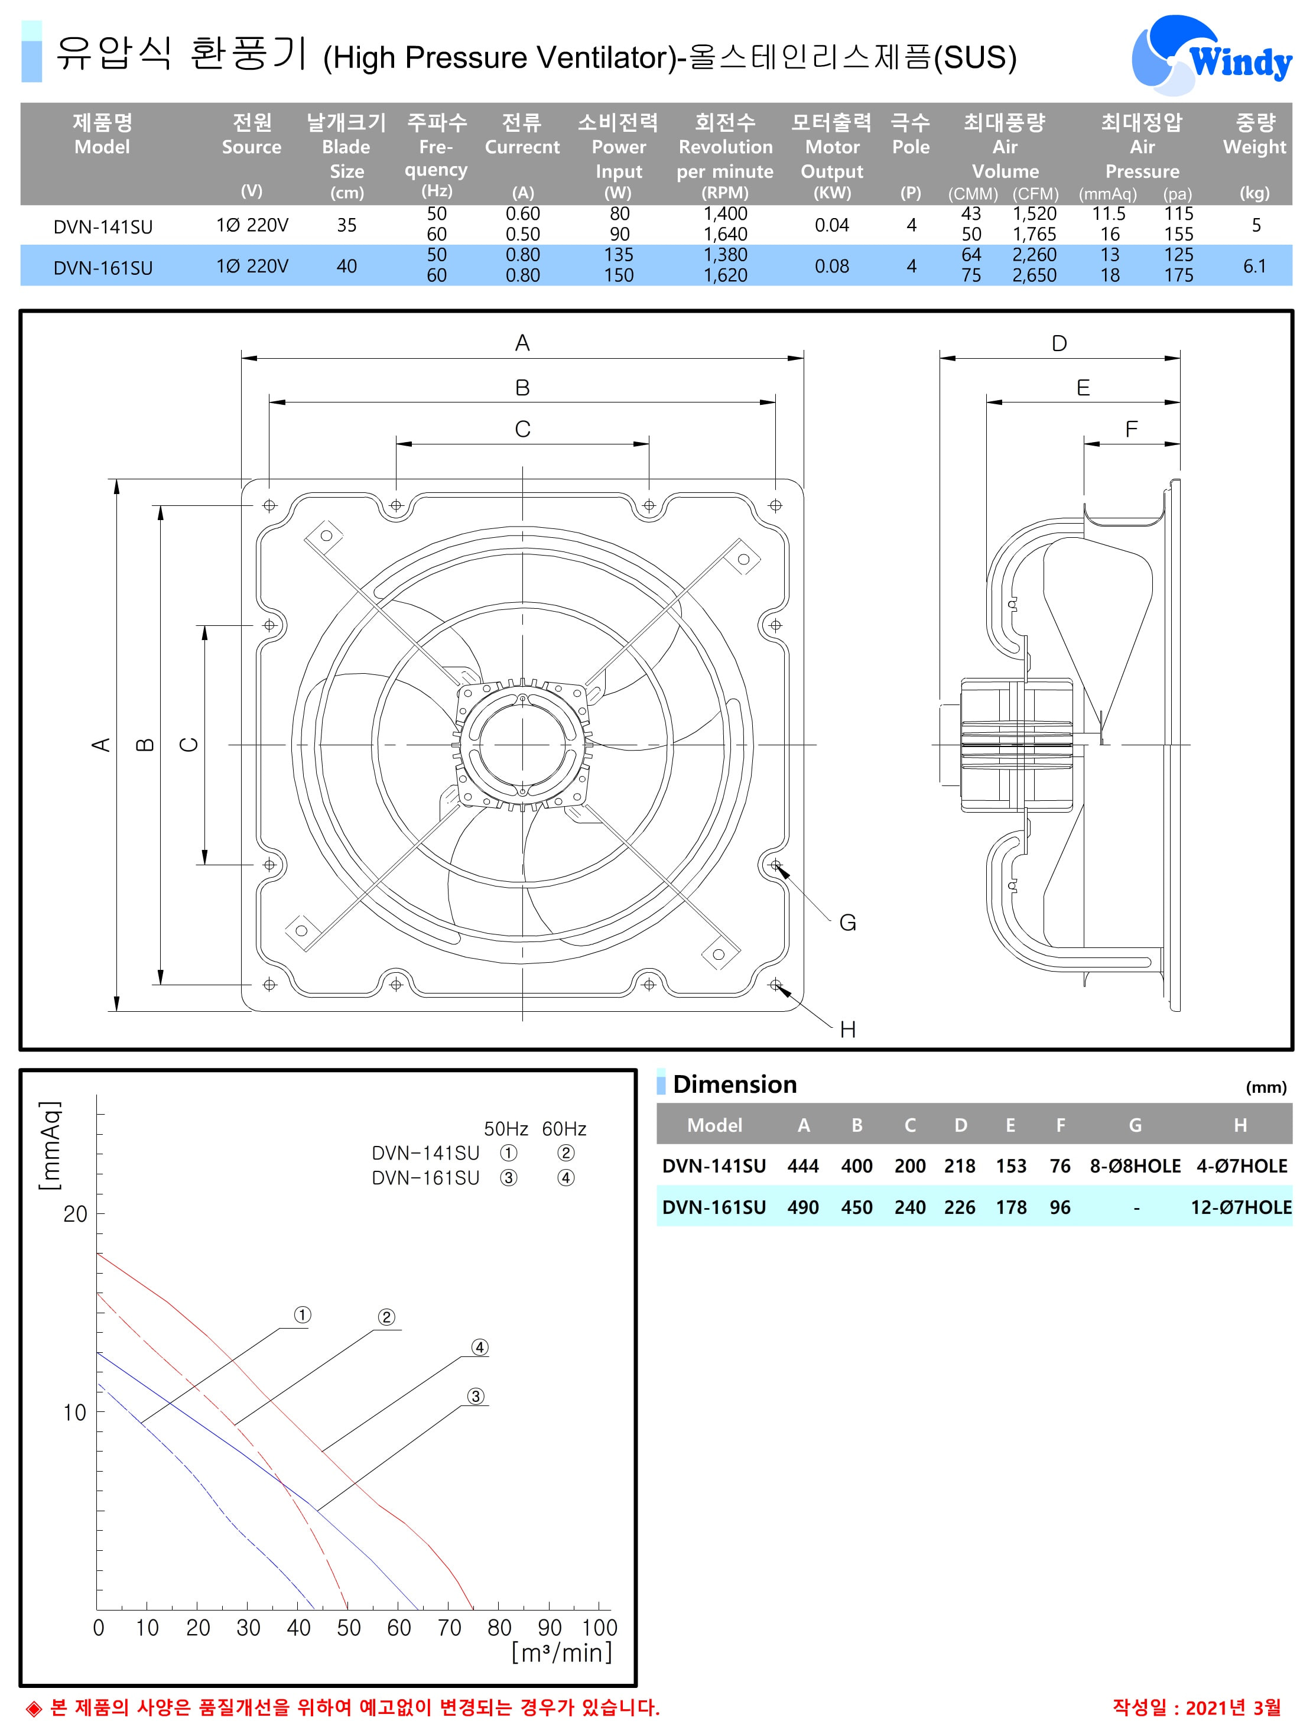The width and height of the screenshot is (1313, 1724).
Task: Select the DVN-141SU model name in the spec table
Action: tap(103, 226)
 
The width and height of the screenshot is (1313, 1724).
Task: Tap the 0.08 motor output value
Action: tap(831, 267)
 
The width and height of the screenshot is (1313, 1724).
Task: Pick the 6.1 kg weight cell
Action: tap(1254, 267)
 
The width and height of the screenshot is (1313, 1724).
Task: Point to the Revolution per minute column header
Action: tap(725, 158)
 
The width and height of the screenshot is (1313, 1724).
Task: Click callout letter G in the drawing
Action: tap(848, 923)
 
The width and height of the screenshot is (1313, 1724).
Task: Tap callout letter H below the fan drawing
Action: tap(848, 1030)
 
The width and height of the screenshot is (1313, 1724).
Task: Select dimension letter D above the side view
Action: tap(1059, 344)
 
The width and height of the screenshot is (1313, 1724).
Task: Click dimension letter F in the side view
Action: tap(1131, 429)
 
